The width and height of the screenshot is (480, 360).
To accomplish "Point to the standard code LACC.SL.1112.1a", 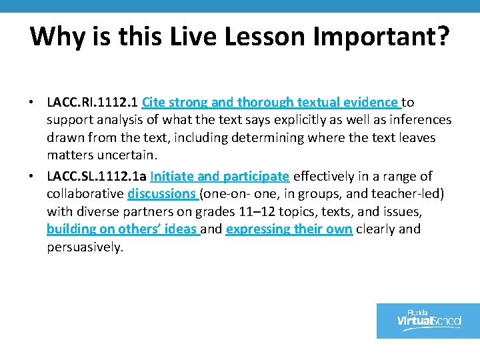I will pyautogui.click(x=97, y=176).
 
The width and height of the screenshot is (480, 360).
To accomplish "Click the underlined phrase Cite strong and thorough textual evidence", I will pyautogui.click(x=271, y=102).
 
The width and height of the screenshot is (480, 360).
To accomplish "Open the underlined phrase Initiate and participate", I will pyautogui.click(x=220, y=176).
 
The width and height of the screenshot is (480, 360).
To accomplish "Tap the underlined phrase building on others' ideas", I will pyautogui.click(x=122, y=229).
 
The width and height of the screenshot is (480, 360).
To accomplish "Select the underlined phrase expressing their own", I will pyautogui.click(x=289, y=229).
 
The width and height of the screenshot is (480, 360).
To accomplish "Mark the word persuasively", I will pyautogui.click(x=85, y=247).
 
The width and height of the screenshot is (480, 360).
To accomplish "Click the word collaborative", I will pyautogui.click(x=85, y=194).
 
